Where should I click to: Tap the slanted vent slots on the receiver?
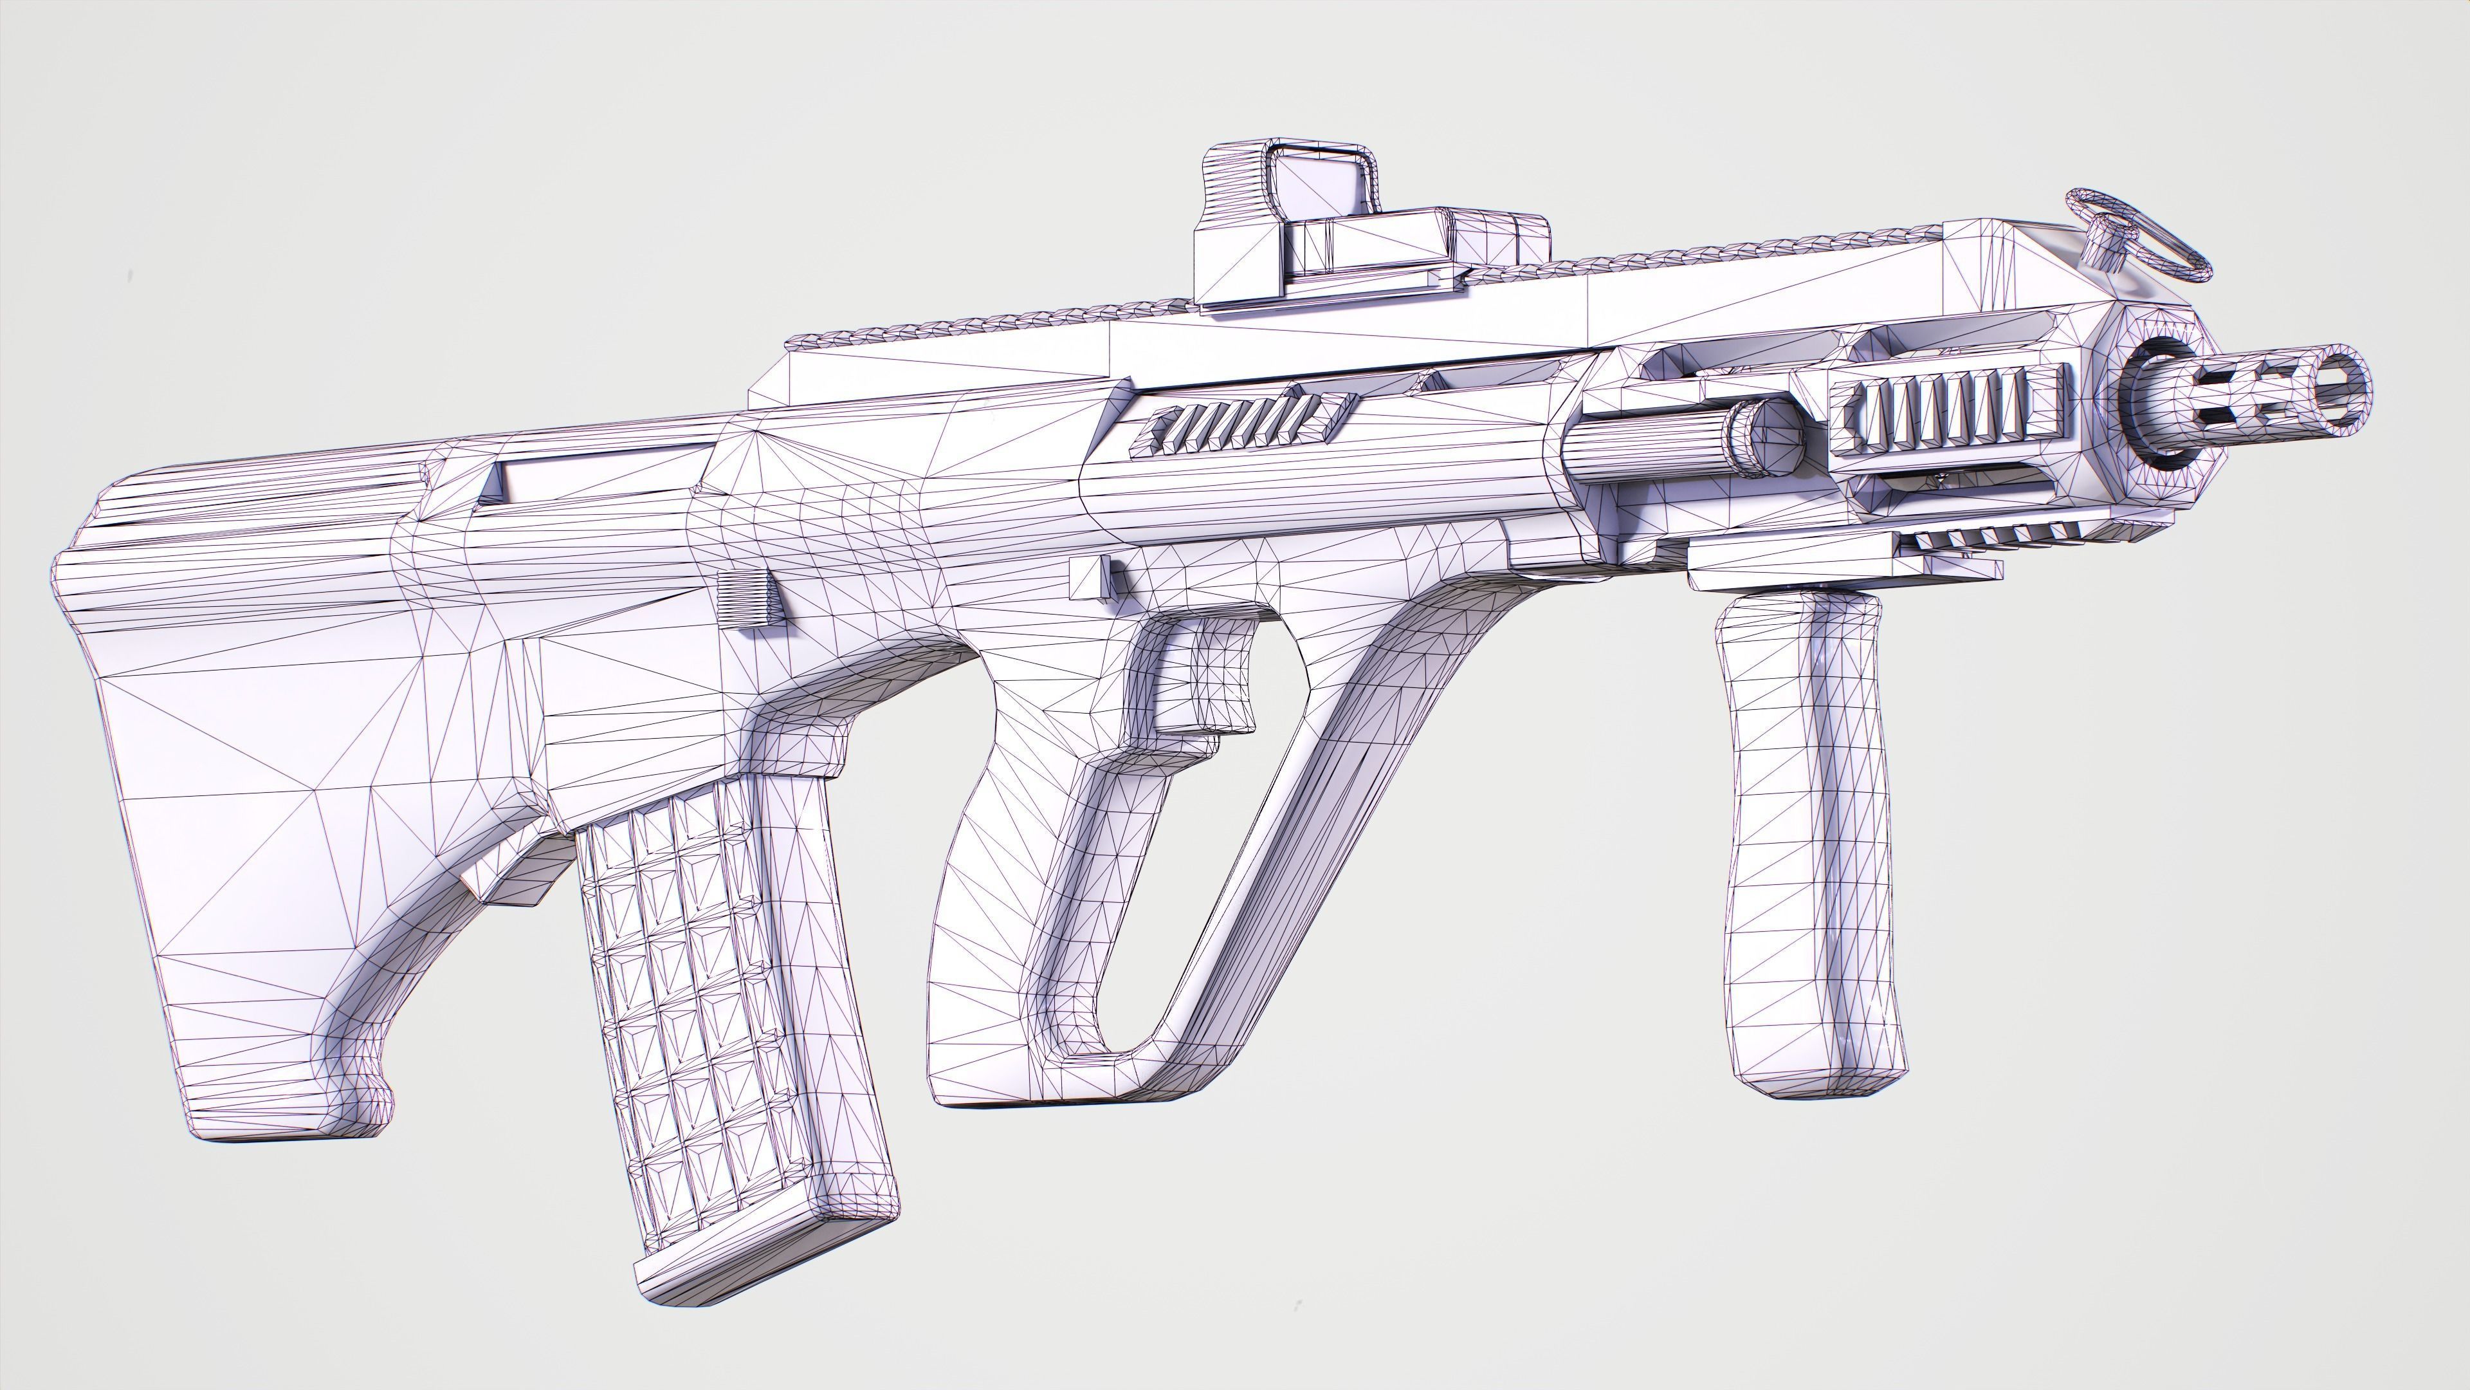pyautogui.click(x=1237, y=422)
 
